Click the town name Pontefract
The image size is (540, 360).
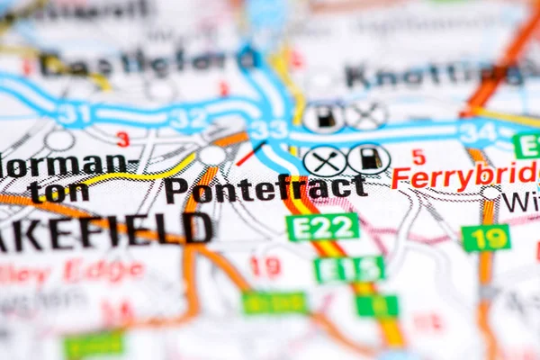click(x=265, y=189)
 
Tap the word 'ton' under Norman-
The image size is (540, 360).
click(x=58, y=191)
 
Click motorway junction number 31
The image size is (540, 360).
click(x=74, y=114)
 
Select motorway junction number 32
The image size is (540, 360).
click(x=189, y=117)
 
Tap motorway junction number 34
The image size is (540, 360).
click(x=477, y=132)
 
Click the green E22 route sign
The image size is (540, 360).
click(x=322, y=227)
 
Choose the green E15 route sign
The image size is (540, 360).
click(x=349, y=268)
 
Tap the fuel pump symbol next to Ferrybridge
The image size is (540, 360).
click(x=369, y=159)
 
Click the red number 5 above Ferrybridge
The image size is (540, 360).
click(x=418, y=157)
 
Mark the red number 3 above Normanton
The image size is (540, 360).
click(x=122, y=139)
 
